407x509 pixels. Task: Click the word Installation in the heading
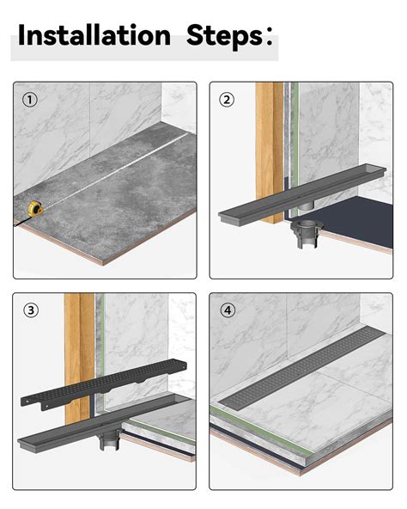point(94,34)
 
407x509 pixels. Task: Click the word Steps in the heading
point(225,36)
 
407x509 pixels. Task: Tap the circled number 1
point(30,100)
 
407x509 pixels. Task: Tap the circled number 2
point(227,100)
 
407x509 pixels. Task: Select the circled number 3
point(31,310)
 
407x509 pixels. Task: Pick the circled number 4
point(228,310)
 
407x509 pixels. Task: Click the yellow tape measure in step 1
point(35,209)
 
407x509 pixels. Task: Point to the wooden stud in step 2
point(269,152)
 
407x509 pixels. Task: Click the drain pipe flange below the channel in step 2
point(306,233)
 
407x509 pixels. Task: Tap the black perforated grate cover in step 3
point(103,383)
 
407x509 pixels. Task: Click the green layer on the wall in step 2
point(295,150)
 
